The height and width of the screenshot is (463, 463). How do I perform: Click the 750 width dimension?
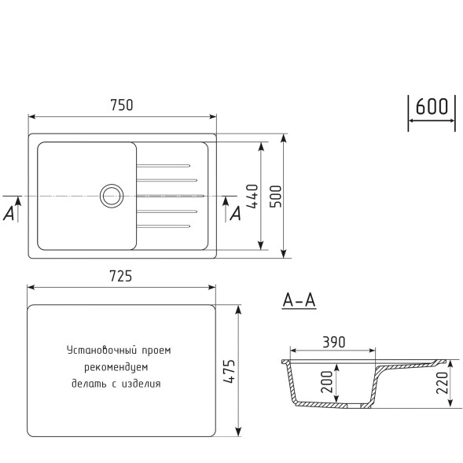tap(121, 105)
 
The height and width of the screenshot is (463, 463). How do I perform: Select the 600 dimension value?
tap(431, 107)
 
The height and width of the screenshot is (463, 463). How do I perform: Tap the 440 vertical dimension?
tap(252, 196)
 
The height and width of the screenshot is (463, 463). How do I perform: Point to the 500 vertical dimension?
tap(274, 196)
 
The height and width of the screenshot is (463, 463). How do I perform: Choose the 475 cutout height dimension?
tap(229, 369)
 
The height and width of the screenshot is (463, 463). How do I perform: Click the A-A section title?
tap(299, 300)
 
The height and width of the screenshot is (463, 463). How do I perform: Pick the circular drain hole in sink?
tap(110, 194)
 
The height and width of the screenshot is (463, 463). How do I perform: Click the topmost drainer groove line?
tap(163, 165)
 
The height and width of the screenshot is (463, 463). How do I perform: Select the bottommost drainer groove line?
tap(163, 226)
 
